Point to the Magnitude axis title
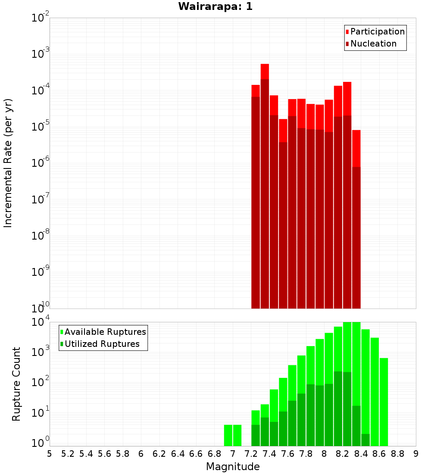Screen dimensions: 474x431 [233, 467]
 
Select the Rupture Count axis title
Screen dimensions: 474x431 [16, 384]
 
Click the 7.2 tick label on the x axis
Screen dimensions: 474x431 [251, 454]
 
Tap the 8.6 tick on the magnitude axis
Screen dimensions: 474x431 [379, 454]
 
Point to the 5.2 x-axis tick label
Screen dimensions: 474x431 [68, 454]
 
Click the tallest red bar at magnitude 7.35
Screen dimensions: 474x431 [265, 172]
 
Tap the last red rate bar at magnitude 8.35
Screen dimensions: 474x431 [356, 215]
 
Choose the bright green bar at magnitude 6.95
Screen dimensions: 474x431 [228, 435]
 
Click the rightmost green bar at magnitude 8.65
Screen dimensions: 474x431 [384, 401]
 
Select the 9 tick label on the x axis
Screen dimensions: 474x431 [415, 454]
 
